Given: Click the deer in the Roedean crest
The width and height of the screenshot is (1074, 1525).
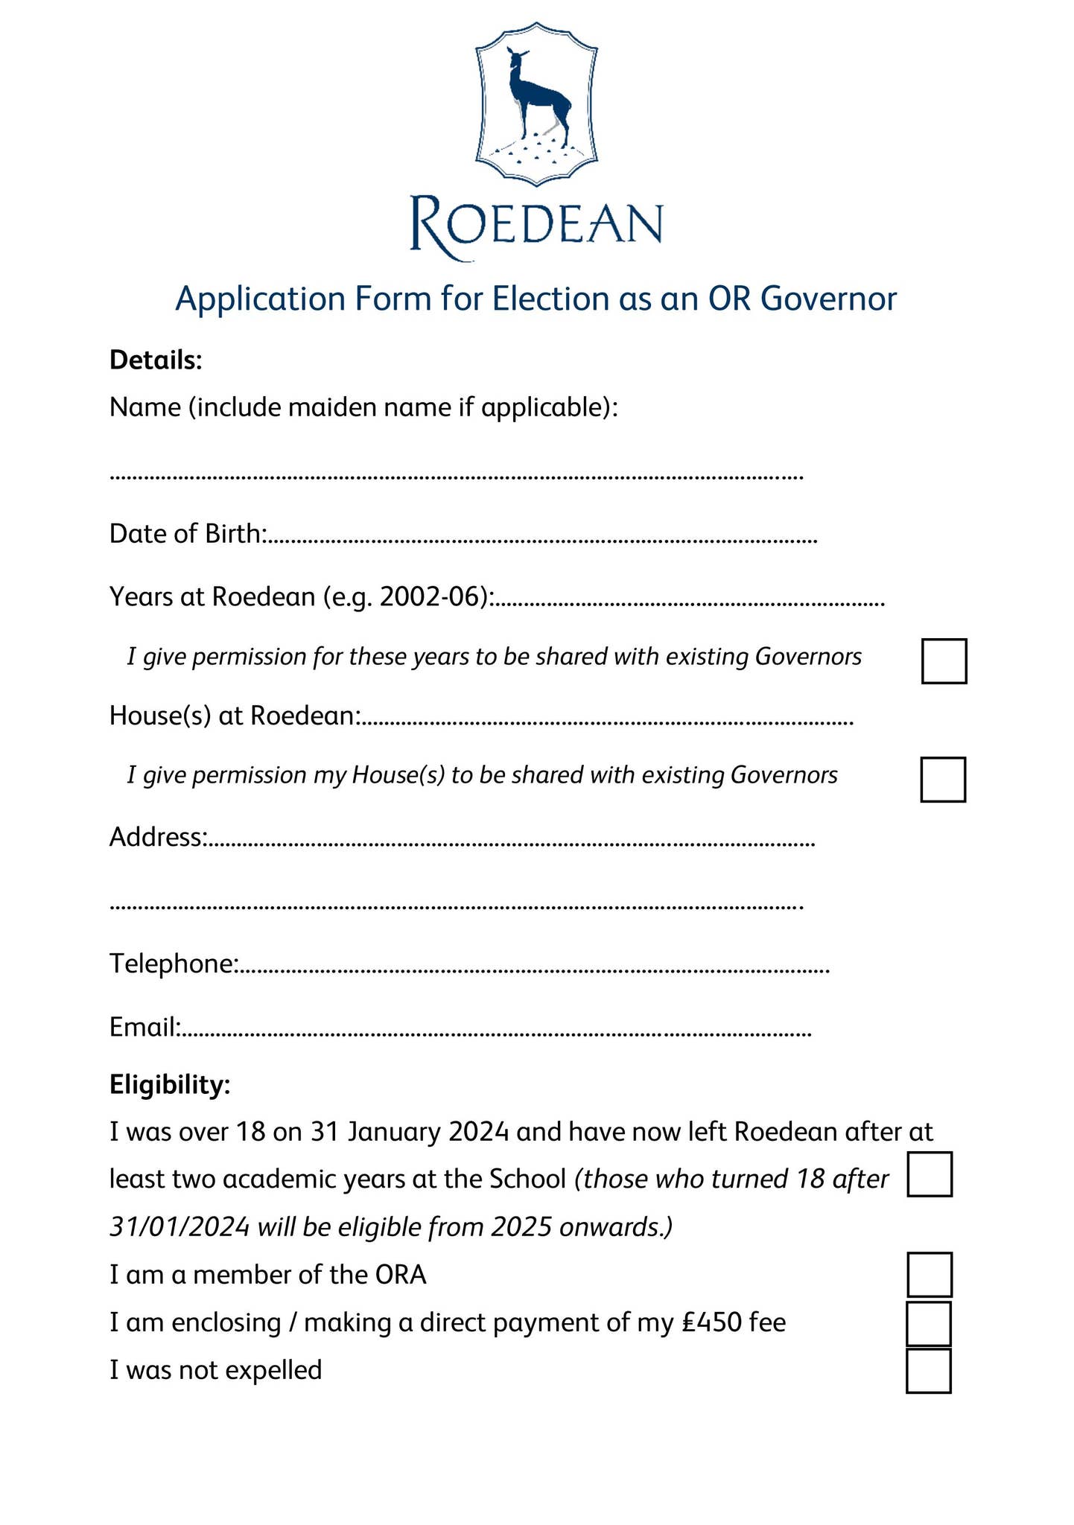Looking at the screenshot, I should coord(536,97).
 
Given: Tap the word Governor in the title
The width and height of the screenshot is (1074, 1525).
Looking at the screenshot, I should coord(829,299).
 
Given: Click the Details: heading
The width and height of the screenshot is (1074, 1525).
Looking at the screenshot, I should coord(156,360).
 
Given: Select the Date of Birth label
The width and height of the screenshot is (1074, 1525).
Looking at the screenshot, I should coord(187,534).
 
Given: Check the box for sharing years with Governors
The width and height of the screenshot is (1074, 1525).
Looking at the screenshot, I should coord(944,660).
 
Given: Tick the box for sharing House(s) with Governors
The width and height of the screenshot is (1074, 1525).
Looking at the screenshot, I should coord(943,780).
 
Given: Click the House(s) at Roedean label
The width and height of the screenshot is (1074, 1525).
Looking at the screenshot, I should coord(235,716).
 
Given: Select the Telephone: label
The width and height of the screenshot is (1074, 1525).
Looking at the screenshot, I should coord(174,964).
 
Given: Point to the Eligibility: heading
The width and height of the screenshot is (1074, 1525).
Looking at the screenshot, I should coord(170,1085).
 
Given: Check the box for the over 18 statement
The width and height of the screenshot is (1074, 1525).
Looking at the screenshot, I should coord(930,1174).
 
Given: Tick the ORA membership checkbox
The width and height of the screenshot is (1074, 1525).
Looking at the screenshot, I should coord(930,1275).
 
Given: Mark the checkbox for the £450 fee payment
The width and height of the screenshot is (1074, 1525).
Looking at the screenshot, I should coord(929,1323).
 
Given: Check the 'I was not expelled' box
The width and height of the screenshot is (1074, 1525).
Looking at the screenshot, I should coord(929,1370).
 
